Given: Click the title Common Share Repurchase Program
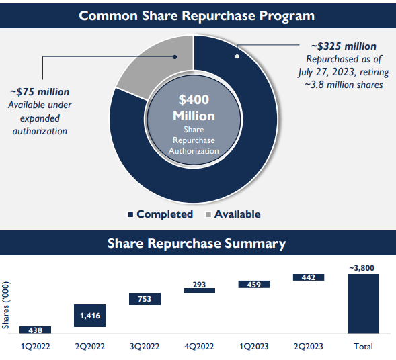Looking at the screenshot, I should [197, 15].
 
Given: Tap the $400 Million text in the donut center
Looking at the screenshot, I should [194, 107].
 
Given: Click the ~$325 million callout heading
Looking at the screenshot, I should [343, 46].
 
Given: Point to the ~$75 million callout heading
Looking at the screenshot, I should [40, 92].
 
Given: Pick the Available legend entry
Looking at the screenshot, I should [232, 214].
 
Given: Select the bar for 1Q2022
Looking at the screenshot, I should [35, 330].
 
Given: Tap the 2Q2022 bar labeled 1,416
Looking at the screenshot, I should [89, 315].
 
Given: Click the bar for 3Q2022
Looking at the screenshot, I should [144, 299].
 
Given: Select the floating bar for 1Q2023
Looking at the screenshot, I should [253, 285].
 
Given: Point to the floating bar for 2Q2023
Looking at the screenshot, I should [308, 277].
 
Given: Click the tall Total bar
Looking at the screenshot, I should [363, 304].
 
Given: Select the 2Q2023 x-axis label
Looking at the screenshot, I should [308, 346].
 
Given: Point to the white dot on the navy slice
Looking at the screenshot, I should [237, 56].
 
